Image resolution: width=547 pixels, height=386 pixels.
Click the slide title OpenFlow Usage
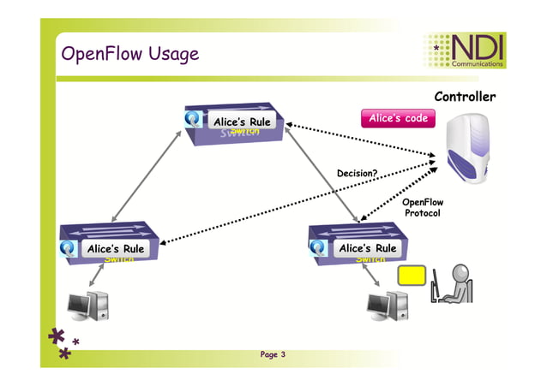(129, 54)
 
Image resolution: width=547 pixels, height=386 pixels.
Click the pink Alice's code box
(398, 119)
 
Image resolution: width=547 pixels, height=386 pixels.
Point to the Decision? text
(357, 173)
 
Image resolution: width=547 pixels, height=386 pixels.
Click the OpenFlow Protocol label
(422, 207)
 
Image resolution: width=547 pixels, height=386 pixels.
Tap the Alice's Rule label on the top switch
(241, 122)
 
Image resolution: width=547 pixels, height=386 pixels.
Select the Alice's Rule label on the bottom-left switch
(115, 249)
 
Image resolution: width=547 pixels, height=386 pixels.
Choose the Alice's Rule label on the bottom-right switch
(366, 248)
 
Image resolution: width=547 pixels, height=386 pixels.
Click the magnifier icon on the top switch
(195, 122)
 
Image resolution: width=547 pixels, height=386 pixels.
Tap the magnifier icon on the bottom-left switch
(69, 249)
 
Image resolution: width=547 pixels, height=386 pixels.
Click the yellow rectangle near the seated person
(412, 277)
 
